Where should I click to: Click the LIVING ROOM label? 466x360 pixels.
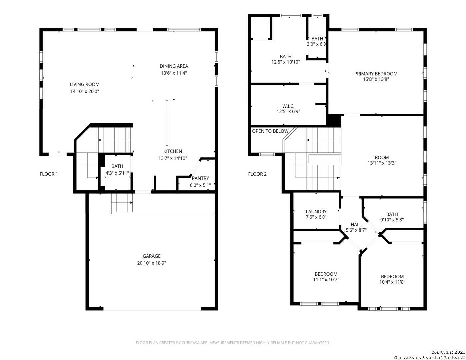pos(84,84)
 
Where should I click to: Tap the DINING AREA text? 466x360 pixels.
pos(174,66)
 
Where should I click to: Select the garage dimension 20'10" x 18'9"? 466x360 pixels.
pos(152,263)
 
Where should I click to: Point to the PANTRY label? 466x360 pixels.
pos(200,178)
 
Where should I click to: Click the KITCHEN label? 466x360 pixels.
pos(173,151)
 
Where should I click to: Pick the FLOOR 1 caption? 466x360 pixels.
pos(49,174)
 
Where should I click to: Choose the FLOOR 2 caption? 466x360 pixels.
pos(257,174)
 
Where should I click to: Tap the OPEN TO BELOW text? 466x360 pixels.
pos(270,131)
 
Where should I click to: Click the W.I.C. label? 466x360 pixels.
pos(288,106)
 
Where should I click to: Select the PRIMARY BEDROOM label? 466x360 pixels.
pos(376,74)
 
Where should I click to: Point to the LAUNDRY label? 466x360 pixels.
pos(316,212)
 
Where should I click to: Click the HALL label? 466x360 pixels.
pos(356,224)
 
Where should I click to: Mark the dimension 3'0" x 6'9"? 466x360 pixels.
pos(316,44)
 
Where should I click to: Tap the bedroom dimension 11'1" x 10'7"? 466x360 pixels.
pos(326,280)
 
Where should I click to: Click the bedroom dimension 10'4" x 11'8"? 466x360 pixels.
pos(392,282)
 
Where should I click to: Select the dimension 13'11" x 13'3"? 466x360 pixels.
pos(382,163)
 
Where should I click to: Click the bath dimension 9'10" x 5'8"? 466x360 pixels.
pos(392,220)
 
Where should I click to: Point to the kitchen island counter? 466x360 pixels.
pos(167,123)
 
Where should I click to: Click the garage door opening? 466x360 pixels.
pos(152,309)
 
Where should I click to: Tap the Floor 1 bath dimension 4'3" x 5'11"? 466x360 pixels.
pos(117,173)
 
